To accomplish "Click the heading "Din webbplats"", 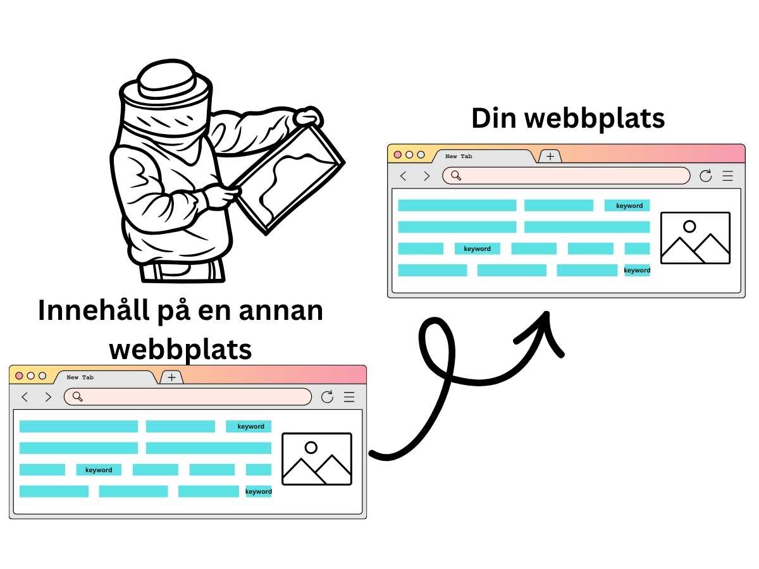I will click(568, 118).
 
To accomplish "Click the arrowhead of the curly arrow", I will click(545, 325).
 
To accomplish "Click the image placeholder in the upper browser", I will click(695, 238).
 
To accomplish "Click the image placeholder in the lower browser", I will click(316, 459).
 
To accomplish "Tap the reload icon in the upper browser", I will click(706, 176).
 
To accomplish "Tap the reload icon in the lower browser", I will click(327, 397).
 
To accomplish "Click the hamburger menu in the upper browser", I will click(728, 176).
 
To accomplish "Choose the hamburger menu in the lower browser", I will click(349, 397).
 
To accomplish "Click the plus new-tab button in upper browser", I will click(550, 156).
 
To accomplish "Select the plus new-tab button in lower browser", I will click(171, 377).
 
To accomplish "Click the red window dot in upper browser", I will click(398, 154).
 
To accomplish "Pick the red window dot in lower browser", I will click(19, 376).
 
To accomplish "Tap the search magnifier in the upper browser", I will click(456, 175).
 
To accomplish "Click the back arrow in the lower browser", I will click(25, 397).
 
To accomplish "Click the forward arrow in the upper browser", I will click(427, 176).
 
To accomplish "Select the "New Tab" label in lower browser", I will click(80, 377).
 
